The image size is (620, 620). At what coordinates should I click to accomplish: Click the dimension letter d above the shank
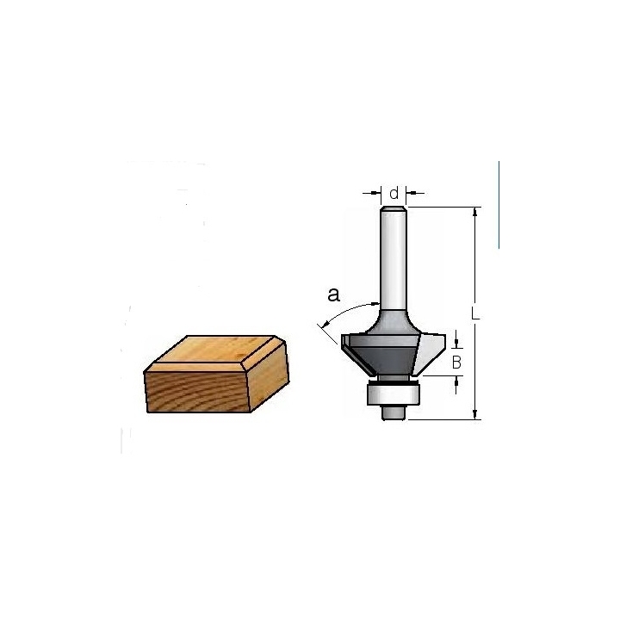click(x=394, y=194)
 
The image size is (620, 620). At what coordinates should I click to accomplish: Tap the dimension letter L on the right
click(x=474, y=313)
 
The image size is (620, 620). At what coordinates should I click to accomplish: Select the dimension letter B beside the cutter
click(x=456, y=363)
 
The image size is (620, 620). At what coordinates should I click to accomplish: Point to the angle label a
click(x=334, y=295)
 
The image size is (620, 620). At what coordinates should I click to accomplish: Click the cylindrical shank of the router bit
click(x=394, y=259)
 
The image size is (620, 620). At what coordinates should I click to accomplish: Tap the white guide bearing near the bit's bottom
click(x=393, y=394)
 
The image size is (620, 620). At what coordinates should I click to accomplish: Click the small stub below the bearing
click(x=394, y=412)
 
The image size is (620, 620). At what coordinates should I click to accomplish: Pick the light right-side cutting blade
click(x=429, y=353)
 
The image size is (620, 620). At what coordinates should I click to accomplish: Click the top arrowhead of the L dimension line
click(x=475, y=212)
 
